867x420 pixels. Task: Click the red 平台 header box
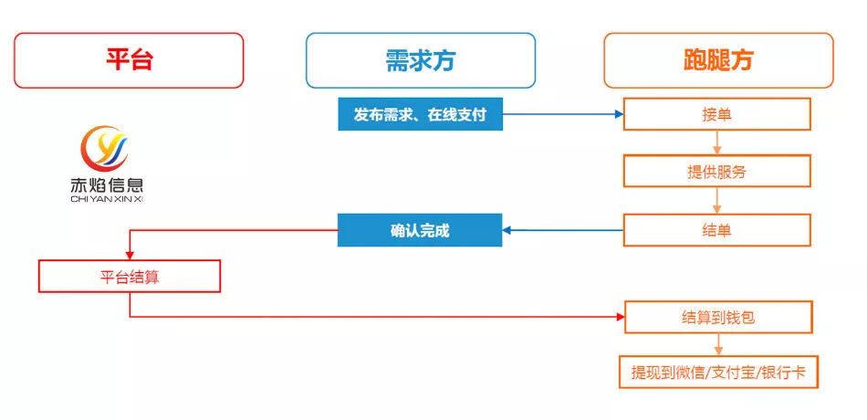pos(129,60)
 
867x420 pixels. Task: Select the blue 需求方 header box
pos(420,60)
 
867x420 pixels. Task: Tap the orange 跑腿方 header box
pos(718,60)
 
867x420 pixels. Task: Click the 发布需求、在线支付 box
pos(420,114)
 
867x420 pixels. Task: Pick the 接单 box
pos(716,114)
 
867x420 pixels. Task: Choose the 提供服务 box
pos(716,171)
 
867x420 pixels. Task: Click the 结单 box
pos(716,230)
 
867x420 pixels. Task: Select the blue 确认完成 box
pos(420,230)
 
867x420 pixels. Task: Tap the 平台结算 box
pos(129,276)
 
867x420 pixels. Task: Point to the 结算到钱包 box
pos(716,318)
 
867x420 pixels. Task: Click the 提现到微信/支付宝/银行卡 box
pos(716,373)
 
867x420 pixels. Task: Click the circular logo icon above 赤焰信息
pos(106,149)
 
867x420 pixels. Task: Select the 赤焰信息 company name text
pos(106,184)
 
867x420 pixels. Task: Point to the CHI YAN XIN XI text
pos(106,198)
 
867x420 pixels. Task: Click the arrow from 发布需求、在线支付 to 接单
pos(561,114)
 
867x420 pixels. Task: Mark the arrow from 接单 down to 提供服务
pos(717,142)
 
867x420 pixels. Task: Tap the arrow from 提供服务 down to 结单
pos(717,200)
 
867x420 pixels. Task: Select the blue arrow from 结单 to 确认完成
pos(562,230)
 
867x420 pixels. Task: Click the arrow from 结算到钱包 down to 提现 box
pos(717,344)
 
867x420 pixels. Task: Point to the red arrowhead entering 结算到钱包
pos(618,318)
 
